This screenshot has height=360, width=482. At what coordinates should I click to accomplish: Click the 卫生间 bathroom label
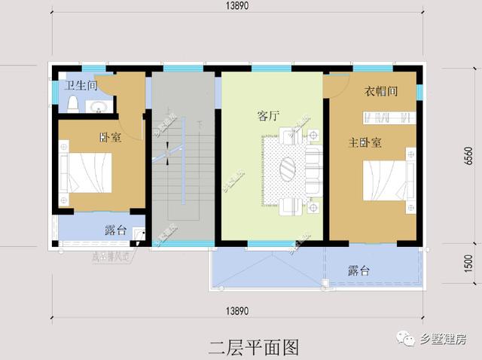(81, 86)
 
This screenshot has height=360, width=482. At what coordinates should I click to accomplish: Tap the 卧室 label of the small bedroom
(110, 138)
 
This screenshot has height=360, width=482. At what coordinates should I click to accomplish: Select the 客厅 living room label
(268, 117)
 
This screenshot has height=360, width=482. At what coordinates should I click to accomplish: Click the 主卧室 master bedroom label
(365, 142)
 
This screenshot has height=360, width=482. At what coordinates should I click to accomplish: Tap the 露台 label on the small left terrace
(115, 230)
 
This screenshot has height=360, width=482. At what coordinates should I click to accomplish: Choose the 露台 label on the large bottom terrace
(358, 270)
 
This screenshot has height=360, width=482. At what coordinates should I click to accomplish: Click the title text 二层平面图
(254, 346)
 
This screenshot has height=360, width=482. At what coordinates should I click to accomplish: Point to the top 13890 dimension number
(241, 6)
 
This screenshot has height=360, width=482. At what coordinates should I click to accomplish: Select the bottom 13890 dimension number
(242, 310)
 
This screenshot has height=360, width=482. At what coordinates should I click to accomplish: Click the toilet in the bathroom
(73, 105)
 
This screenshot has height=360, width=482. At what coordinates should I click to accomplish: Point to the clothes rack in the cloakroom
(389, 117)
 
